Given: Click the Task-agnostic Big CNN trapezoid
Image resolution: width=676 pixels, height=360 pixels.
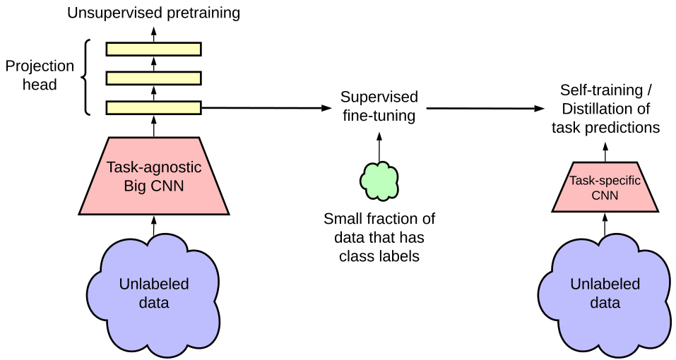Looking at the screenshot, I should point(153,176).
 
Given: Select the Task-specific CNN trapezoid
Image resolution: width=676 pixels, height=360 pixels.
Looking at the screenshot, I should point(605,188).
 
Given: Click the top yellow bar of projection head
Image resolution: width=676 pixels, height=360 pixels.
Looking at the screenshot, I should point(153,49).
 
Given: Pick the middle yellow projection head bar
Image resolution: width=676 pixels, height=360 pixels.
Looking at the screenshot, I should point(153,78).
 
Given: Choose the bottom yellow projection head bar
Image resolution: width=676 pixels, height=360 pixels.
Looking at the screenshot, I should point(153,107).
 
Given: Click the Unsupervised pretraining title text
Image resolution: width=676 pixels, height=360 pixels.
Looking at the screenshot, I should point(153,12).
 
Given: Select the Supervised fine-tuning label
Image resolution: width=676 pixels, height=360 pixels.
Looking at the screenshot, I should point(379,106).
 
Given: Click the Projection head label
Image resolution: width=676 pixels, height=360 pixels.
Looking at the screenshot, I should point(40,75).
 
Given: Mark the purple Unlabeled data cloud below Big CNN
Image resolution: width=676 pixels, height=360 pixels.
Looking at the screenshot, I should point(153,293).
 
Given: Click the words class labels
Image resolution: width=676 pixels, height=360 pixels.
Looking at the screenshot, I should point(379,256).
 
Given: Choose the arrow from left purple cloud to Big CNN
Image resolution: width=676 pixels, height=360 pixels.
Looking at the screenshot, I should point(153,226).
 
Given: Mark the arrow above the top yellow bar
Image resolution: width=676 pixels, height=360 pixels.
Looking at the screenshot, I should point(153,32).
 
